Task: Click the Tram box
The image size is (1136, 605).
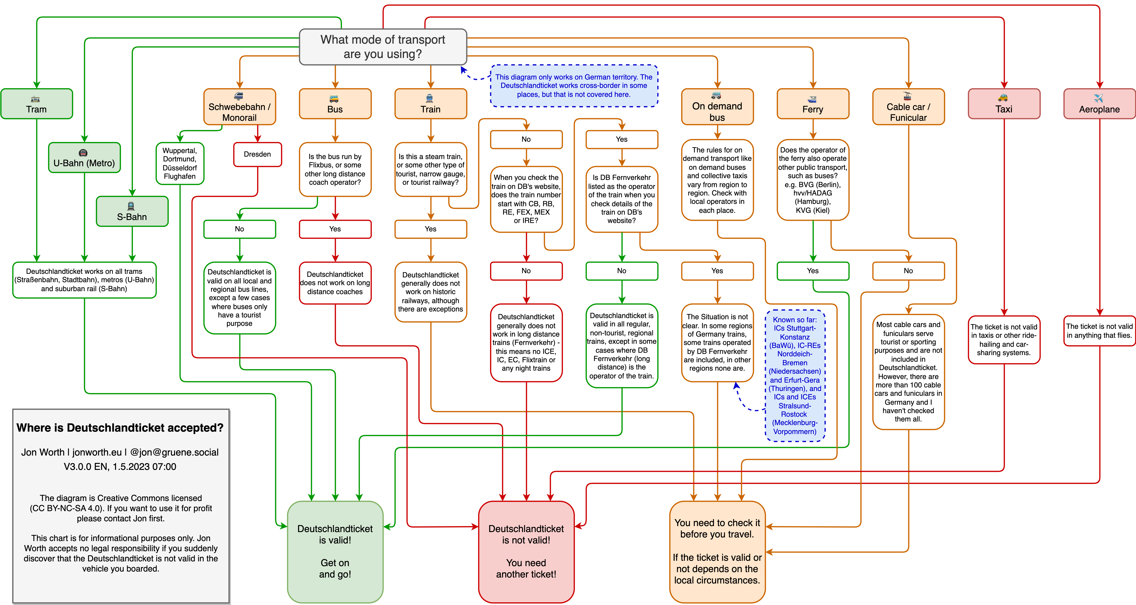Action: pyautogui.click(x=37, y=104)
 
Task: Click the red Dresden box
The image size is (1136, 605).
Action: pyautogui.click(x=258, y=154)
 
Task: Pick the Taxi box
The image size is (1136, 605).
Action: pyautogui.click(x=1004, y=104)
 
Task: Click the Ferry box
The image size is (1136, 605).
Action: pyautogui.click(x=813, y=104)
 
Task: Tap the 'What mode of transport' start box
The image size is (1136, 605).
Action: pyautogui.click(x=383, y=47)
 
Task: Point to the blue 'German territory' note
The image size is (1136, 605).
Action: pyautogui.click(x=574, y=86)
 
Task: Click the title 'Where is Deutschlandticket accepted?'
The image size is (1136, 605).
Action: pyautogui.click(x=120, y=428)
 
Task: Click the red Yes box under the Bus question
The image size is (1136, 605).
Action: pyautogui.click(x=335, y=229)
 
